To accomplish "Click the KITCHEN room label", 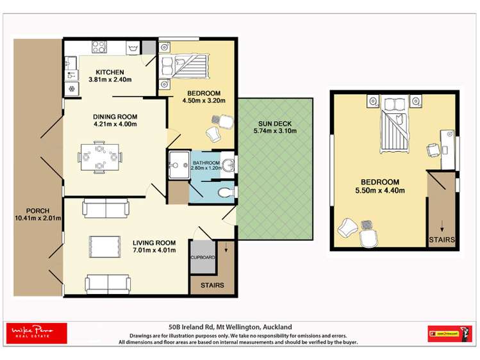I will click(110, 72).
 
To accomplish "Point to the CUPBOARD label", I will click(203, 258).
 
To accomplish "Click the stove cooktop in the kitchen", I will click(99, 47).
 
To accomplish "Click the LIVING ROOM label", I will click(154, 243).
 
